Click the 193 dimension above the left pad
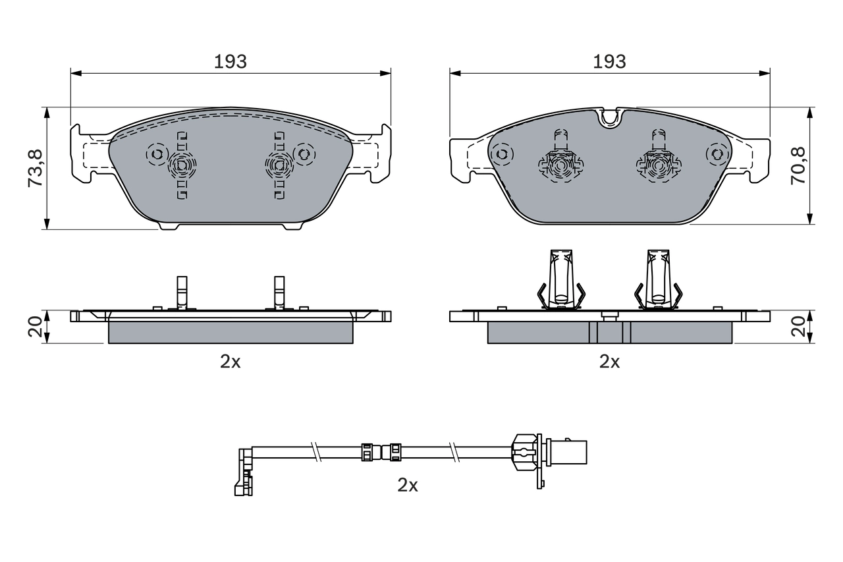[230, 61]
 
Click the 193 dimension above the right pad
[609, 61]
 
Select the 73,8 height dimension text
[36, 168]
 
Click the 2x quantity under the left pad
[230, 361]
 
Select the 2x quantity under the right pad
[609, 361]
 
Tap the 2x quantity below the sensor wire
[408, 486]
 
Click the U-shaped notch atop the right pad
[611, 117]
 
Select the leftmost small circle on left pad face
[157, 155]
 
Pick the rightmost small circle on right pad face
[717, 154]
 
